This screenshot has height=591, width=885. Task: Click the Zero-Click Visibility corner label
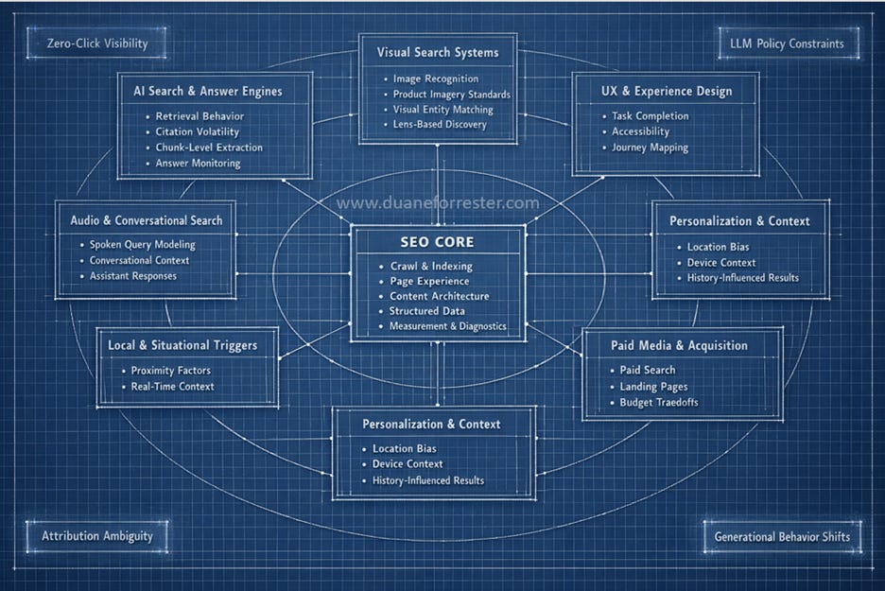coord(97,43)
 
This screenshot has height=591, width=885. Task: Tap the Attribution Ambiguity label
coord(96,536)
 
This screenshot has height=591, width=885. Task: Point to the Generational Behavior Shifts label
coord(782,536)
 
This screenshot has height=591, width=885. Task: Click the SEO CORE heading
coord(438,242)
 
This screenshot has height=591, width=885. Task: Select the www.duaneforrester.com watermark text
coord(438,202)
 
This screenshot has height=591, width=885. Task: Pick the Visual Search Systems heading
coord(438,52)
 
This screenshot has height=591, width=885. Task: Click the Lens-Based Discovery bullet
coord(440,125)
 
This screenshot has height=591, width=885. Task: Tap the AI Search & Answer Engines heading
coord(208,92)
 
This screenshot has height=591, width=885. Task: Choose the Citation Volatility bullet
coord(198,132)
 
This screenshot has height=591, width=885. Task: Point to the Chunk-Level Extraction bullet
coord(209,148)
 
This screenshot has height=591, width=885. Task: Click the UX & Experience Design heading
coord(666,92)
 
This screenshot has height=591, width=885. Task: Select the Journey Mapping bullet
coord(650,148)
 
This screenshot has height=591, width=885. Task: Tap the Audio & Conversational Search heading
coord(147,220)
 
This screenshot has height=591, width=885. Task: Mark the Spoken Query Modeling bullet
coord(143,245)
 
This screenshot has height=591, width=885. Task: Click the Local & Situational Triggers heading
coord(182,345)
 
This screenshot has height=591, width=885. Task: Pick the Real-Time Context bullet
coord(172,386)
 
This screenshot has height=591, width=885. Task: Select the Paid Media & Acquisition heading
coord(679,345)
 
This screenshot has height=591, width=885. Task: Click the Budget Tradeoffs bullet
coord(659,403)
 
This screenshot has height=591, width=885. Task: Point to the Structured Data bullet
coord(427,311)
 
